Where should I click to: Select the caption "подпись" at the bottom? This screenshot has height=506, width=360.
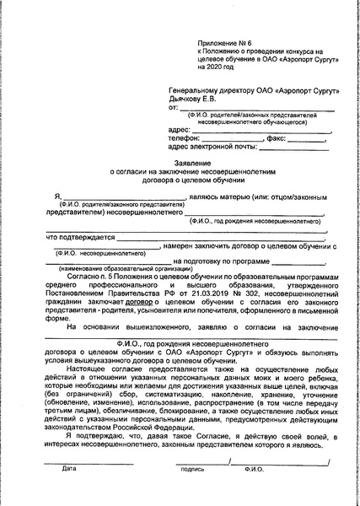coord(192,492)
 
